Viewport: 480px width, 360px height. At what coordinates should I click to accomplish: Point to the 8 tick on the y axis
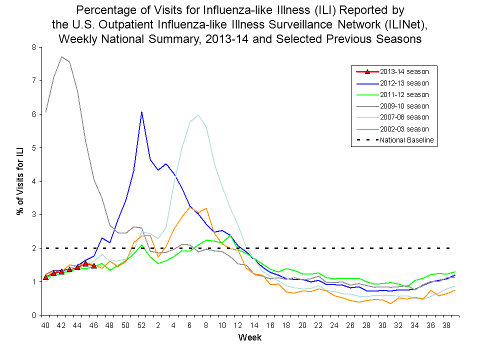point(34,47)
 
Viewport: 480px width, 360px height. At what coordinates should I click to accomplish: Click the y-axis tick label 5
point(34,148)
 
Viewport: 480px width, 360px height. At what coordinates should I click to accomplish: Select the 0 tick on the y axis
point(34,315)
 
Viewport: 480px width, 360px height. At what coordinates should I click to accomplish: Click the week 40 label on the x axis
point(45,325)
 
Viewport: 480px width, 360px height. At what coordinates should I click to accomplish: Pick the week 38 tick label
point(446,325)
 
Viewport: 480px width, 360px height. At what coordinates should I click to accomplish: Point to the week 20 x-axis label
point(302,325)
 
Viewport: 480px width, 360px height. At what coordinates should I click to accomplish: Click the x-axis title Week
point(249,337)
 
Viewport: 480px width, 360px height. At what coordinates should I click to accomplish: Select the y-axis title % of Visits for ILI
point(20,181)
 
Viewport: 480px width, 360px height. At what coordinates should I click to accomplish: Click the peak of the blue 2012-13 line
point(142,112)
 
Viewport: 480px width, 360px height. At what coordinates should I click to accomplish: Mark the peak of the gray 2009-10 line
point(61,56)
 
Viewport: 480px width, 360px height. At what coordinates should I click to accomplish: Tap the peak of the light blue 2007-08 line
point(198,115)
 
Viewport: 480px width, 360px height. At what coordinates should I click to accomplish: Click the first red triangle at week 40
point(45,276)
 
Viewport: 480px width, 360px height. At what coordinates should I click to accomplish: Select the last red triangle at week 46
point(93,265)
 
